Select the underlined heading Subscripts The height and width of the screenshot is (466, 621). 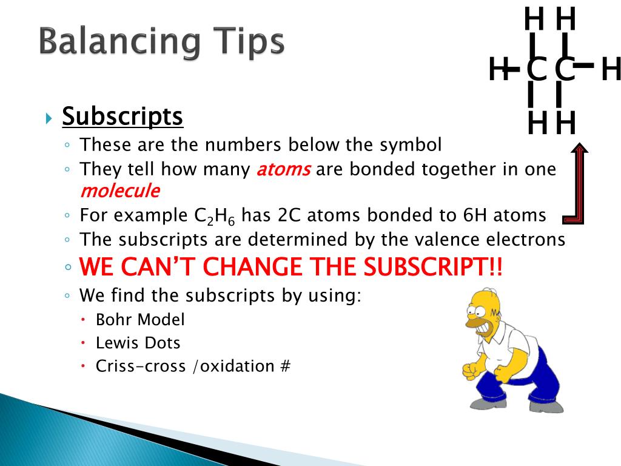123,116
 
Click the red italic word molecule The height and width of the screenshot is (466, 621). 120,191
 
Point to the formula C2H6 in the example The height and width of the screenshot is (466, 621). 220,216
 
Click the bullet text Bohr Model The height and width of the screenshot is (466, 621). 140,319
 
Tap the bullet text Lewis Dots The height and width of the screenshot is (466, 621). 138,343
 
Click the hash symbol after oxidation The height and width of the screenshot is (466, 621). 286,366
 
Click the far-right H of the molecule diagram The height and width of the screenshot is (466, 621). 611,70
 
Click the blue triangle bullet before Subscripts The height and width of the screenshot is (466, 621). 50,117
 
